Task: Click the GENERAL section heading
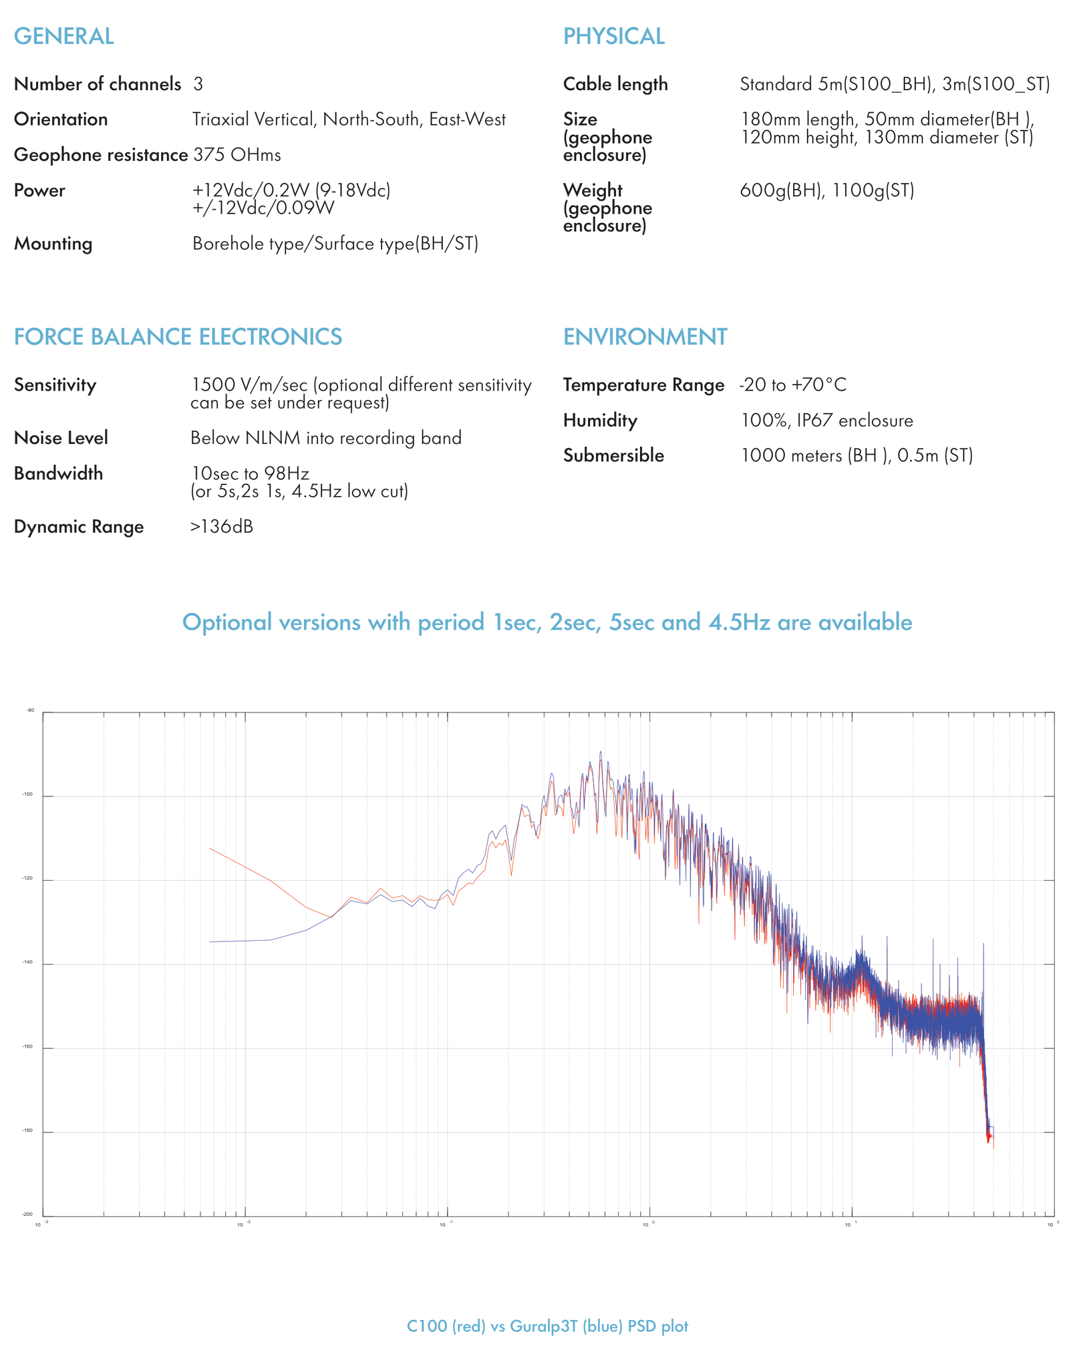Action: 63,36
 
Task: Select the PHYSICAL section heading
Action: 613,36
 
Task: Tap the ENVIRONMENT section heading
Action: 645,336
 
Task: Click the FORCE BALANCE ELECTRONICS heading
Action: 178,336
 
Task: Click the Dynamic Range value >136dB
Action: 221,527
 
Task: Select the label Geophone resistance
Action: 100,155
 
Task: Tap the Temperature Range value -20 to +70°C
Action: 792,385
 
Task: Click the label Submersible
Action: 613,455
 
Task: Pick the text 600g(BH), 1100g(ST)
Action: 826,190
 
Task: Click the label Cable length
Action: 615,84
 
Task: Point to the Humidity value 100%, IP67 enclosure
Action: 826,421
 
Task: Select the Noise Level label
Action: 61,438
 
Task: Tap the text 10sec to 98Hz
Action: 250,473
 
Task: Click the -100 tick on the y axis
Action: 28,795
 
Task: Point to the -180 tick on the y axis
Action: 28,1131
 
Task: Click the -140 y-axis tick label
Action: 28,963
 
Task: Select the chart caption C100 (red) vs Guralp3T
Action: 547,1326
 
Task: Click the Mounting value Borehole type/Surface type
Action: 335,244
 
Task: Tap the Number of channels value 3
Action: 198,84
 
